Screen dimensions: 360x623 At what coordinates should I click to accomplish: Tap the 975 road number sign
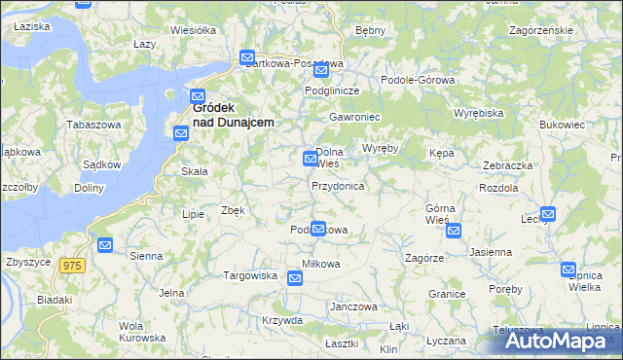pyautogui.click(x=71, y=266)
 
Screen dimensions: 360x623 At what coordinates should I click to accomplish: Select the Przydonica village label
pyautogui.click(x=338, y=185)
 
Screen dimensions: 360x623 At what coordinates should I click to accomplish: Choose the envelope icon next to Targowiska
pyautogui.click(x=295, y=278)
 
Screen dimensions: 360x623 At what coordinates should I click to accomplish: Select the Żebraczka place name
pyautogui.click(x=507, y=165)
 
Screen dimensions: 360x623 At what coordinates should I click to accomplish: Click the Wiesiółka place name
pyautogui.click(x=193, y=30)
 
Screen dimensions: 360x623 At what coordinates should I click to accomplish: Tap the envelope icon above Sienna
pyautogui.click(x=105, y=245)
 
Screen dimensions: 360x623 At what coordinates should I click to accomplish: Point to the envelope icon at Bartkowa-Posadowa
pyautogui.click(x=247, y=57)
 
